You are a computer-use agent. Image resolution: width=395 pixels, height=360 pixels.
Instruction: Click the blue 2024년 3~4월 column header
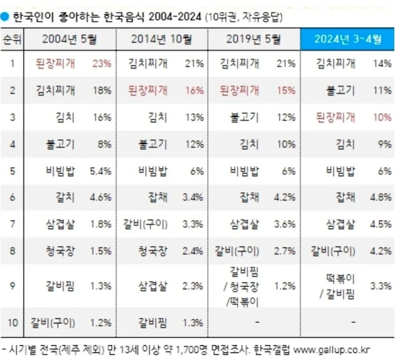click(347, 40)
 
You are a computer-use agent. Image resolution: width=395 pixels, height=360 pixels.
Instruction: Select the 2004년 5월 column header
click(69, 40)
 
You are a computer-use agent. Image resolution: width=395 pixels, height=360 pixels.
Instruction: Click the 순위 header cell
click(12, 40)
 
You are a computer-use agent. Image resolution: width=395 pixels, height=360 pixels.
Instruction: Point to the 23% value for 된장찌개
click(101, 64)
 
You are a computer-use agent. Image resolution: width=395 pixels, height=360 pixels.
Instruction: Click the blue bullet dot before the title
click(5, 17)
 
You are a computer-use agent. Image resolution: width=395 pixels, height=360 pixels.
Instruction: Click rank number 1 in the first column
click(12, 64)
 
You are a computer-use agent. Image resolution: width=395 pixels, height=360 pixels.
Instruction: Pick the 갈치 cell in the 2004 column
click(64, 197)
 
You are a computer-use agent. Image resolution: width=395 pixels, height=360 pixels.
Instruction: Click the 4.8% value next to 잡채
click(381, 197)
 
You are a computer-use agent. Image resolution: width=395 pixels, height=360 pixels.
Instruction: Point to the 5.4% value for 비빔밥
click(100, 171)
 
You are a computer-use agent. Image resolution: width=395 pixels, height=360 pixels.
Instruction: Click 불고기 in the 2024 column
click(340, 91)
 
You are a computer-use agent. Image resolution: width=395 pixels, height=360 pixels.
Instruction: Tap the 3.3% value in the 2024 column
click(381, 286)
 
